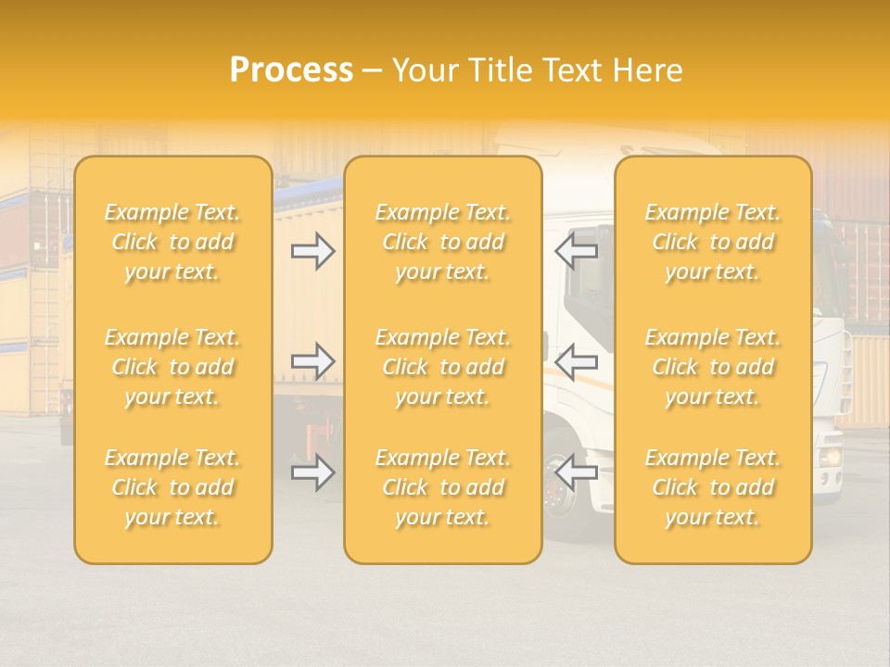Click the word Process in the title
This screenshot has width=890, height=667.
(x=291, y=70)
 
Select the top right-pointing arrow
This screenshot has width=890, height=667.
(x=313, y=251)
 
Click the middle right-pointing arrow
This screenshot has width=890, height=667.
(x=313, y=361)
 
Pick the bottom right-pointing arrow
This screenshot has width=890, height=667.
(x=313, y=473)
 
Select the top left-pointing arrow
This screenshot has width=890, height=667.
(x=576, y=251)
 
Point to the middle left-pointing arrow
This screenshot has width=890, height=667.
(x=576, y=361)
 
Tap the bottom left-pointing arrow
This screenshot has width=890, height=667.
(x=576, y=473)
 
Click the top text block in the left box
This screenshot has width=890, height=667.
(x=172, y=242)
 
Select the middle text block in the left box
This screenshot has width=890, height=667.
(x=172, y=367)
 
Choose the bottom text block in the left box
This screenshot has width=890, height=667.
(x=172, y=487)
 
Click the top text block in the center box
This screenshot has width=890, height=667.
(x=442, y=242)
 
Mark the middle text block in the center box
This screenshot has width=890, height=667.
(x=442, y=367)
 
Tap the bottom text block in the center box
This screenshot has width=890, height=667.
(x=442, y=487)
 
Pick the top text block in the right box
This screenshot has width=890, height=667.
(x=713, y=242)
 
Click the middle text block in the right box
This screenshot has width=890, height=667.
(x=713, y=367)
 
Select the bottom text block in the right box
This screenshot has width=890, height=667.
(x=713, y=487)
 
